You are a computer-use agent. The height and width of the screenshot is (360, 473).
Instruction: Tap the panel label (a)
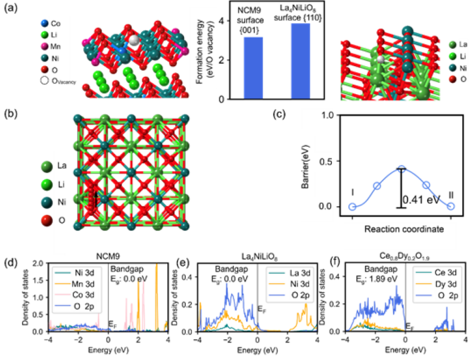tap(11, 8)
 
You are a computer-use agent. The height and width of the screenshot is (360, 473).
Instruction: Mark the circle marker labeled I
tap(352, 207)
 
